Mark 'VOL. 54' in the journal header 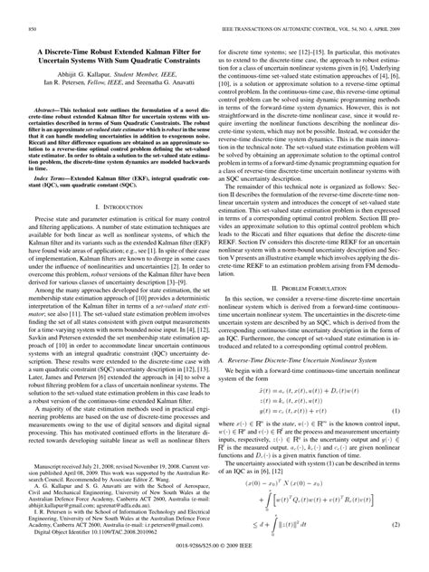pos(321,30)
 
